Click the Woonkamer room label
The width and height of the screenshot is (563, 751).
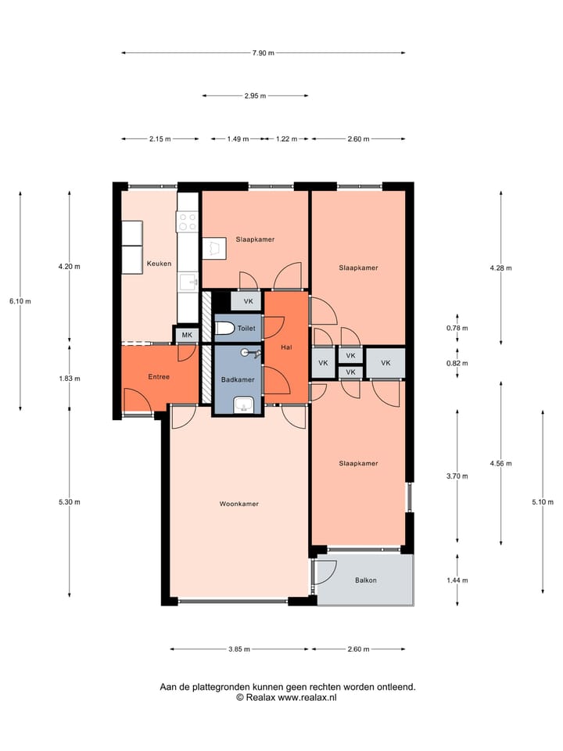pos(239,504)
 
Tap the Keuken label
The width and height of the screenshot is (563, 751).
pos(159,264)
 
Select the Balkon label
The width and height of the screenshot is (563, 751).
pos(366,580)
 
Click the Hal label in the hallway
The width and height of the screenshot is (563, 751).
pos(286,347)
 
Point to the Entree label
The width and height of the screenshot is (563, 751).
pos(159,377)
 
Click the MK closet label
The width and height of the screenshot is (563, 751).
pos(187,335)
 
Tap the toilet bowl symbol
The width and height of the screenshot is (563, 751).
pos(224,328)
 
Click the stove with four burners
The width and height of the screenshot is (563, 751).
pos(187,221)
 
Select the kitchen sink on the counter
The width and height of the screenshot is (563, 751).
pos(188,282)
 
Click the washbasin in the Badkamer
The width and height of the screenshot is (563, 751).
pos(244,406)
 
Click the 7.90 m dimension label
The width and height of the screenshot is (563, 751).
pos(264,53)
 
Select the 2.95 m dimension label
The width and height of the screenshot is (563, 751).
pos(255,95)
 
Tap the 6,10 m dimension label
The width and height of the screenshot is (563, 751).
pos(20,301)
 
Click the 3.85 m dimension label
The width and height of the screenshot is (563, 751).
pos(239,649)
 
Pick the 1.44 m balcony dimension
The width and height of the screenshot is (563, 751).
pos(457,580)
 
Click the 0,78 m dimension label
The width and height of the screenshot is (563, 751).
pos(457,328)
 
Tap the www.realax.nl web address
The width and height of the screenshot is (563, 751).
pos(307,697)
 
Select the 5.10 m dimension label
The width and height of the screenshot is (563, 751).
pos(543,502)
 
